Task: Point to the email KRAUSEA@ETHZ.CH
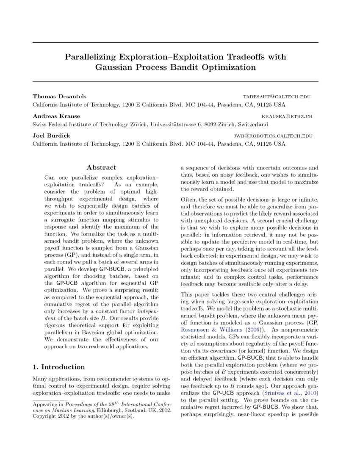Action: pyautogui.click(x=287, y=116)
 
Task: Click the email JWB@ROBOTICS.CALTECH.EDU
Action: pyautogui.click(x=273, y=136)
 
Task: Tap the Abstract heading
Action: pyautogui.click(x=101, y=167)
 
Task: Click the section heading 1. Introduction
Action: pyautogui.click(x=59, y=367)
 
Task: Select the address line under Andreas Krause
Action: pyautogui.click(x=150, y=125)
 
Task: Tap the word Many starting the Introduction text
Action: pyautogui.click(x=41, y=378)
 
